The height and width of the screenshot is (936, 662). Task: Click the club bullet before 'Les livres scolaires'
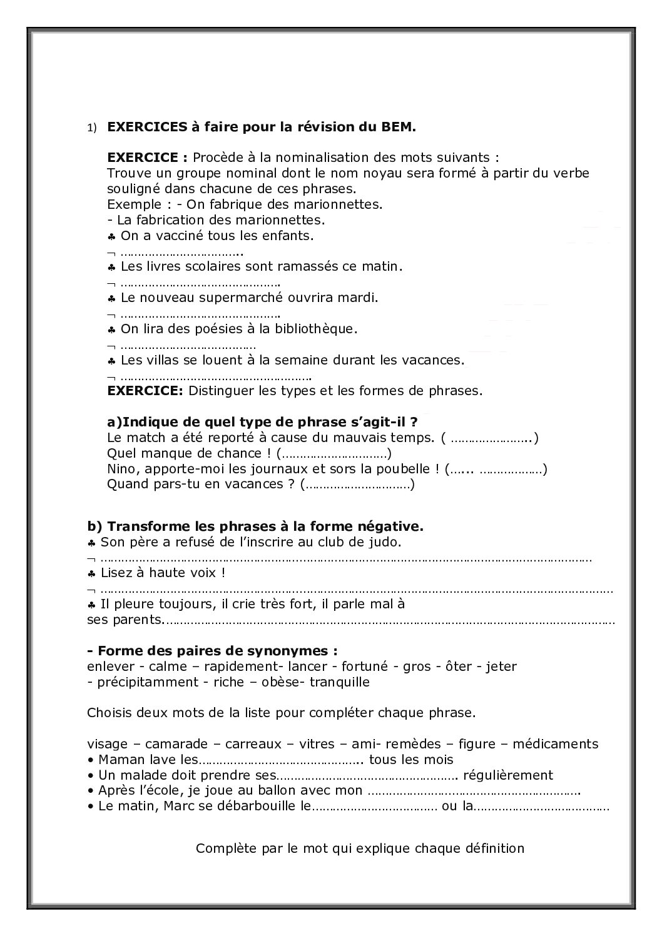[111, 267]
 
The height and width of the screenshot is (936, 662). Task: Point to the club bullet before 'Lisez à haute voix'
[91, 573]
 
